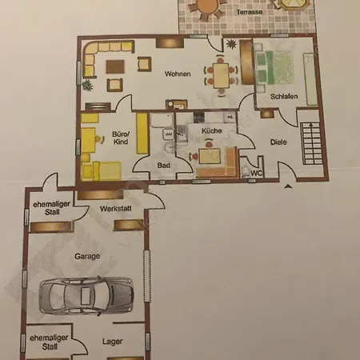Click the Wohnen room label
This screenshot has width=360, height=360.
click(178, 74)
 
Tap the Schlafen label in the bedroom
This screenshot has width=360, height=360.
click(284, 96)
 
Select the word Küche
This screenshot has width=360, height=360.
click(212, 130)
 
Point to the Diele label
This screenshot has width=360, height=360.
click(278, 142)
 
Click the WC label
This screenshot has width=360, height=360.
click(256, 173)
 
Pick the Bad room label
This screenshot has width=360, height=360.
click(163, 166)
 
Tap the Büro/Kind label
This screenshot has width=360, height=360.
click(121, 138)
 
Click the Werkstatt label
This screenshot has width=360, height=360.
click(116, 209)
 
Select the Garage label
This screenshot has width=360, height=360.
click(87, 256)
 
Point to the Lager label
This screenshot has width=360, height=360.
click(113, 342)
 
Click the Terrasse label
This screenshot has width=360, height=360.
click(250, 12)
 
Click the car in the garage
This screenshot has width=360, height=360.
click(86, 295)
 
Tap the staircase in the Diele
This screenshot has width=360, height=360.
click(311, 143)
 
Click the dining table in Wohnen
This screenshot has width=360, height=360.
click(221, 75)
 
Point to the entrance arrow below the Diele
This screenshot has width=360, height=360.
click(288, 186)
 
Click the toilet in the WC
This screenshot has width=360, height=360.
click(246, 171)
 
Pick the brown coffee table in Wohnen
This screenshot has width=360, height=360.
click(115, 66)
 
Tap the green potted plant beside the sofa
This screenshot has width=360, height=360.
click(87, 86)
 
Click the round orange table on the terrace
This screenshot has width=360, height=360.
click(208, 6)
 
